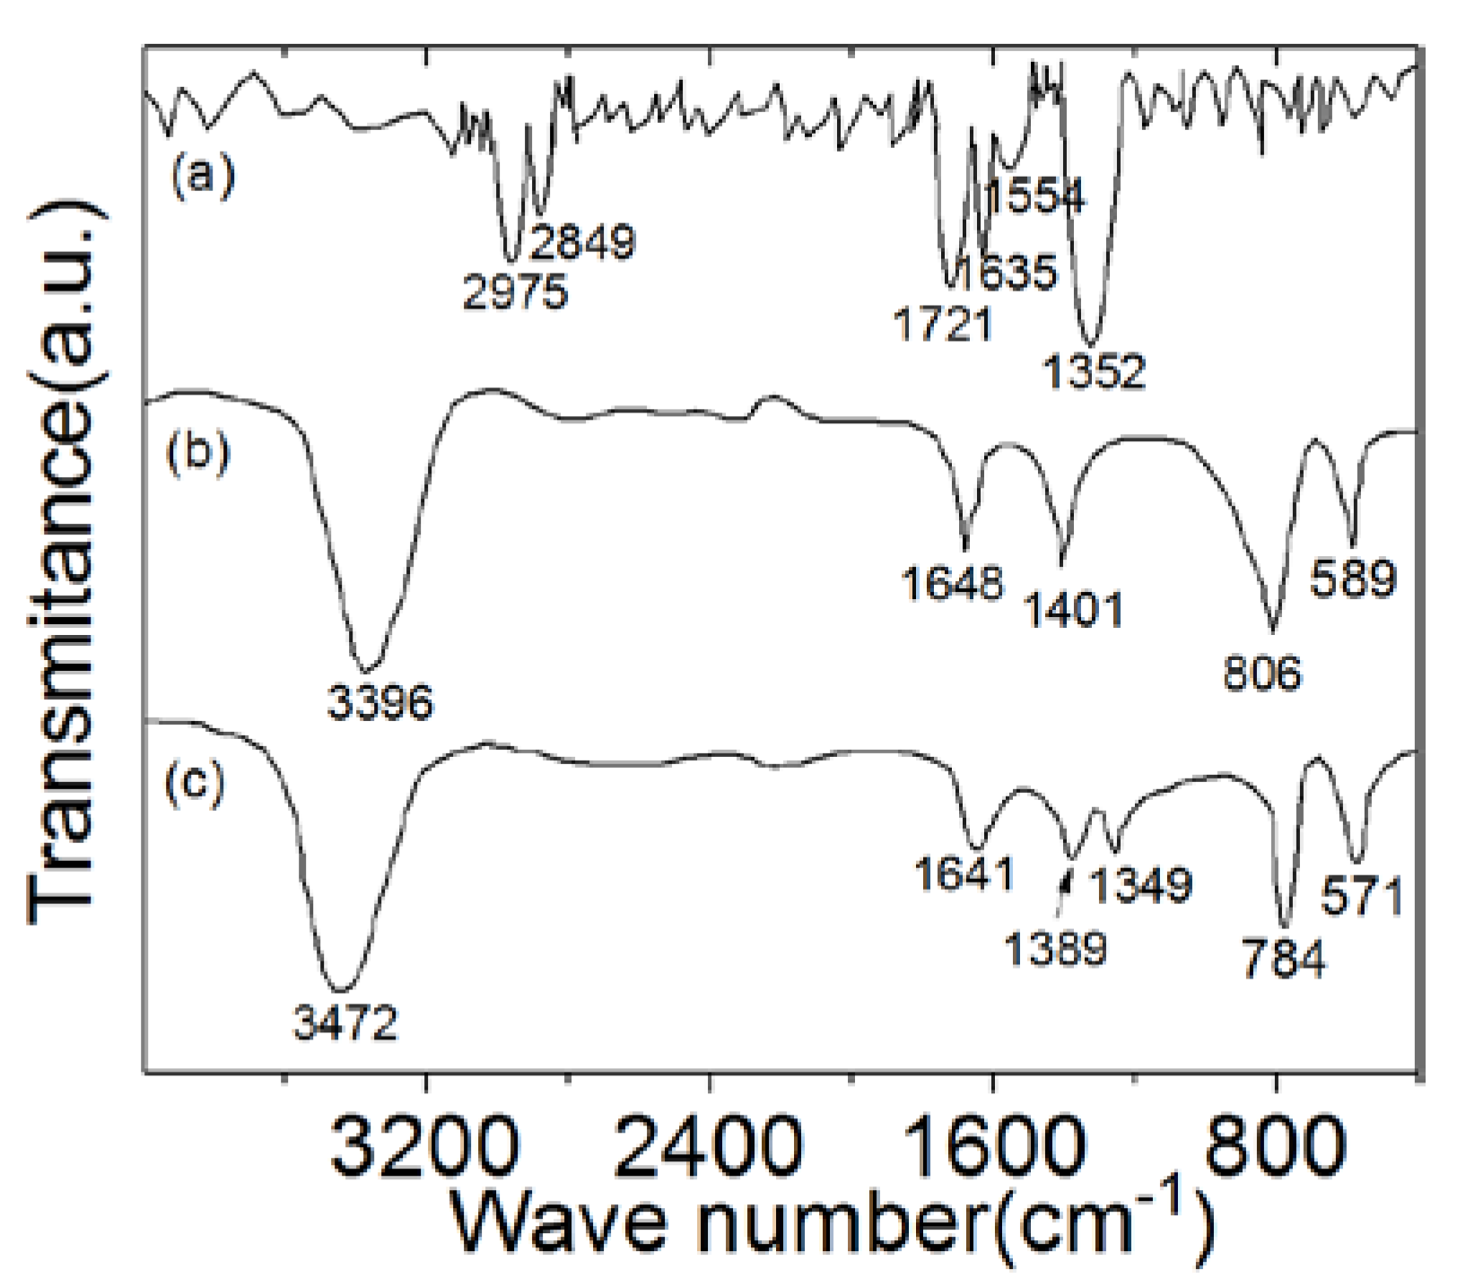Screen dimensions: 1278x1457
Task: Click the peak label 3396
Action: click(380, 701)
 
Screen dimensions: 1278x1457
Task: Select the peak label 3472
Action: click(345, 1022)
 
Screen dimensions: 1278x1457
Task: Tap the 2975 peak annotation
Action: click(515, 292)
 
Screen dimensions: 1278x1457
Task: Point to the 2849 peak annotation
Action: click(582, 241)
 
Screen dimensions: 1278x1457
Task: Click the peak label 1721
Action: click(943, 324)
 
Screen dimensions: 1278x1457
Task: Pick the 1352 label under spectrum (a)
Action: click(1094, 371)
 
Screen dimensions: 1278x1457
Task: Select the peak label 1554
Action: click(1036, 196)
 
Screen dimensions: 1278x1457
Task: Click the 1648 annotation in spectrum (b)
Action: click(952, 583)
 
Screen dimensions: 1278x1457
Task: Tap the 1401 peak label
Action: click(1073, 611)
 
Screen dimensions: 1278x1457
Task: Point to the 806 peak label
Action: click(1261, 673)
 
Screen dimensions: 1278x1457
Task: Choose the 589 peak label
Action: click(1353, 578)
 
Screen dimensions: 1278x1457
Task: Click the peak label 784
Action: click(1283, 960)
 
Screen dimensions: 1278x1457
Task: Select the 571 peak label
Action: click(1362, 896)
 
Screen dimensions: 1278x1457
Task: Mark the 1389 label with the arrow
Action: click(1055, 949)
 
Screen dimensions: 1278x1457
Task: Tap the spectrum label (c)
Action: click(195, 782)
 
